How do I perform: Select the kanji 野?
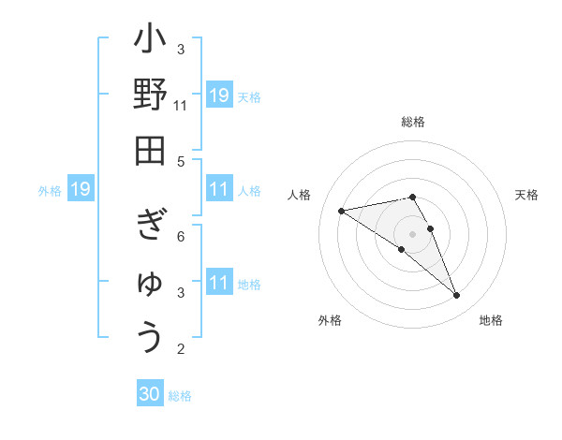(x=150, y=97)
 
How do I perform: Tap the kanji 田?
(x=150, y=151)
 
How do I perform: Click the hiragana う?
(x=150, y=336)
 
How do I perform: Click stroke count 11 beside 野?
(x=181, y=106)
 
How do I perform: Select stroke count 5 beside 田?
(x=181, y=161)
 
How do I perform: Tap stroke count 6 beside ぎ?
(x=181, y=236)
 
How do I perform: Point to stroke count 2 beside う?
(x=181, y=349)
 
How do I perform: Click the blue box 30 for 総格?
(x=151, y=395)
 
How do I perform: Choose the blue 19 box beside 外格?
(x=80, y=190)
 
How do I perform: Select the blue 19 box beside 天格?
(x=219, y=95)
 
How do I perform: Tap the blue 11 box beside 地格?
(x=219, y=284)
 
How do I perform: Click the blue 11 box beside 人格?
(x=219, y=190)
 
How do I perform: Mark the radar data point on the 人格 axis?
(x=342, y=211)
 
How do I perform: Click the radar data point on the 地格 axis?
(x=457, y=296)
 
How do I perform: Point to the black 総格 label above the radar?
(x=413, y=122)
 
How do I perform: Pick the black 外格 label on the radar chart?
(x=330, y=320)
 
